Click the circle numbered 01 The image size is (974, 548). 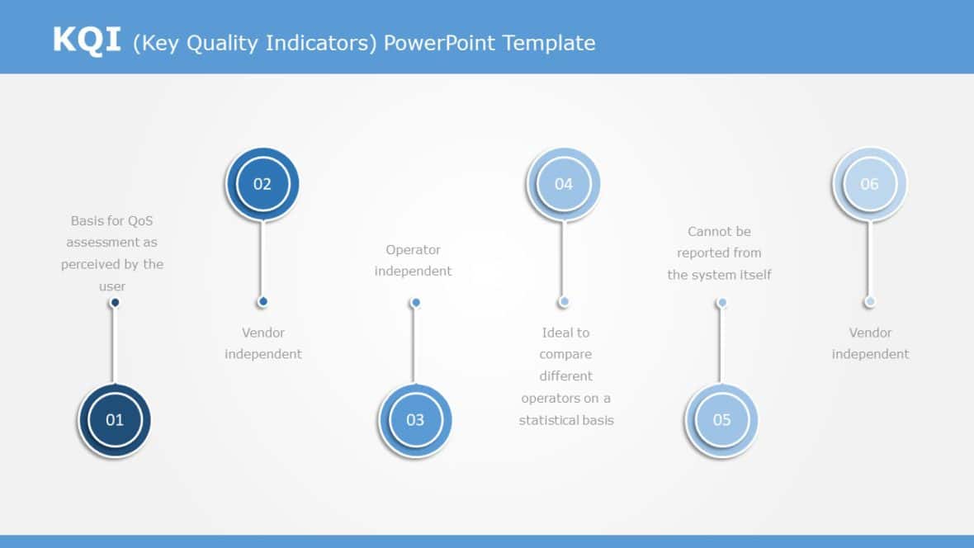[115, 419]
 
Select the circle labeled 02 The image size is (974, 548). [262, 184]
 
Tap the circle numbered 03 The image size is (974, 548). [415, 419]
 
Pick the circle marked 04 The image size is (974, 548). [563, 184]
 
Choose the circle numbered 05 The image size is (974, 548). [721, 419]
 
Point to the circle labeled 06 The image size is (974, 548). [869, 184]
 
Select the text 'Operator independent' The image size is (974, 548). [414, 260]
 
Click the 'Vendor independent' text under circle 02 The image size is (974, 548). [263, 343]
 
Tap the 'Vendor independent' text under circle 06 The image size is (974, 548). [870, 343]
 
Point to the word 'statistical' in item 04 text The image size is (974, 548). [548, 420]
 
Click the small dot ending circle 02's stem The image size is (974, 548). [262, 302]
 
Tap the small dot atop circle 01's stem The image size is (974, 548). [115, 303]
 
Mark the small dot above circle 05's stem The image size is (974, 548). [721, 303]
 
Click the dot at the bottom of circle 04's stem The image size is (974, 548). [563, 302]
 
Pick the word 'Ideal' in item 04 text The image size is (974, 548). [554, 333]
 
